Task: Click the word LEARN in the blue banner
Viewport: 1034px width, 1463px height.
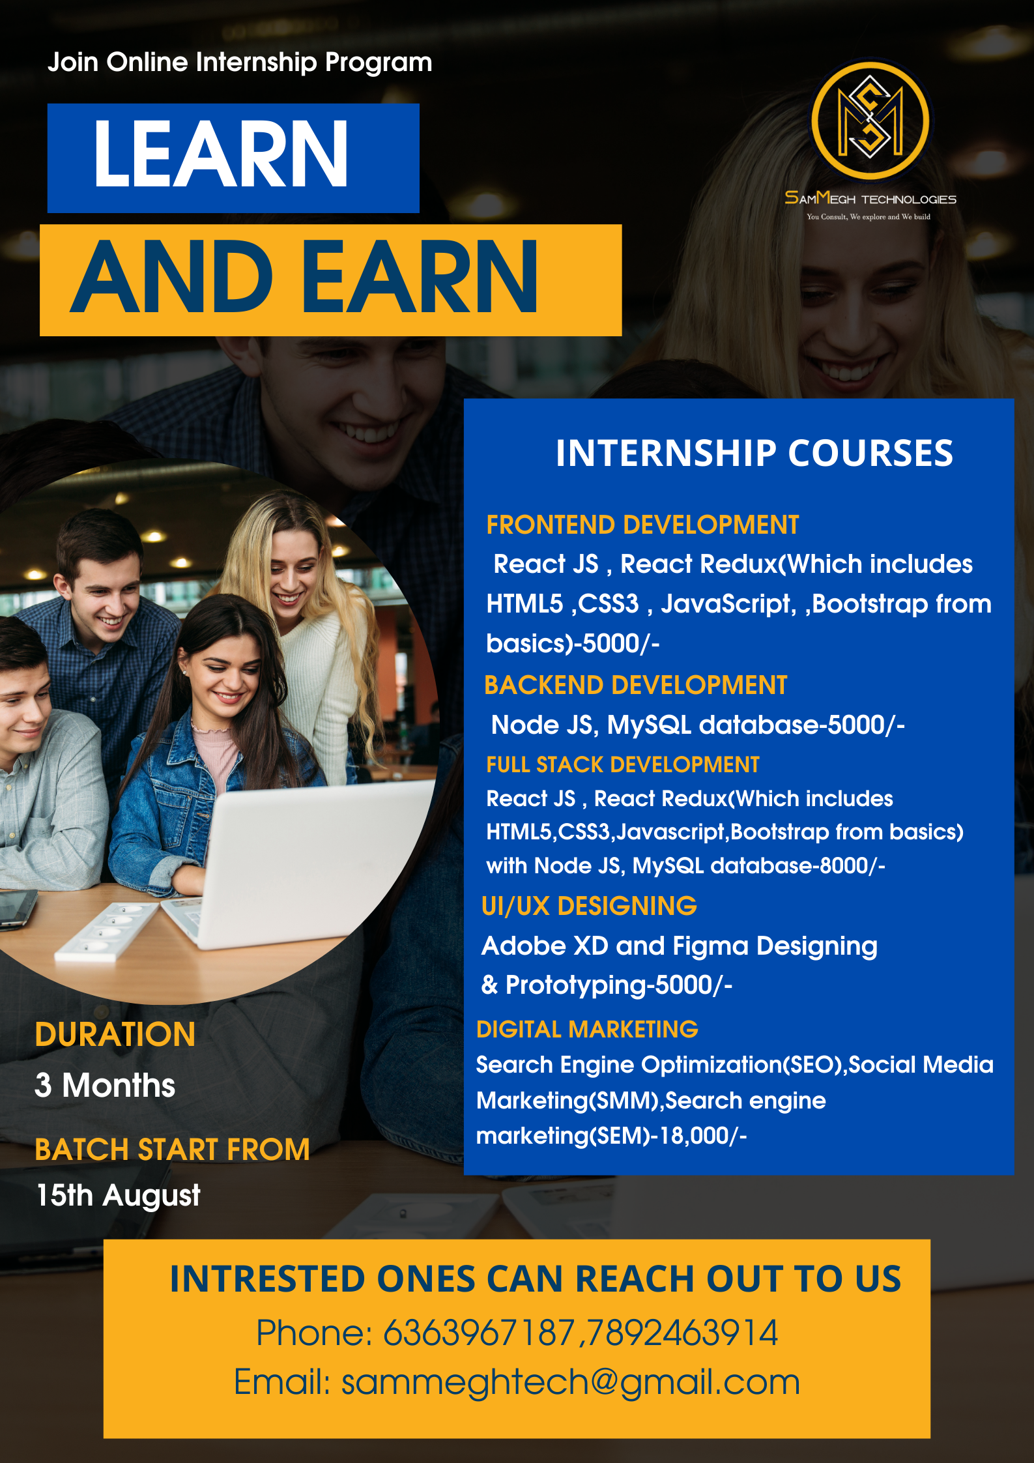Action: point(221,155)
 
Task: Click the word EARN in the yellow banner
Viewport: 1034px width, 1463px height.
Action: point(420,276)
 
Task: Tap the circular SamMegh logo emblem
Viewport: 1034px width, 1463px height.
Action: point(870,121)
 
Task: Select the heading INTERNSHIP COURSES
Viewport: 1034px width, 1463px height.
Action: point(754,453)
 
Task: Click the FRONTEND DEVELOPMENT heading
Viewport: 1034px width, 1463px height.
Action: point(642,525)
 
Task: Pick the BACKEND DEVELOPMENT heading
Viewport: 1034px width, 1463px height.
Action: point(636,686)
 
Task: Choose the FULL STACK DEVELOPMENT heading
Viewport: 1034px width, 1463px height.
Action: point(623,764)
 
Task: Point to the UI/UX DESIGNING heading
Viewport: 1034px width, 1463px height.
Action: point(589,906)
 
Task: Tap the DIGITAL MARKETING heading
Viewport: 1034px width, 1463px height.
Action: point(587,1029)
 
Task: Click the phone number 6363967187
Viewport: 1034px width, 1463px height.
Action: point(479,1333)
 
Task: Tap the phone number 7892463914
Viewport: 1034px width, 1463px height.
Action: point(682,1333)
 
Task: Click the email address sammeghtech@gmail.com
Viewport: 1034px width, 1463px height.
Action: point(571,1382)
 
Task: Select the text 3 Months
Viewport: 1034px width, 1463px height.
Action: point(105,1085)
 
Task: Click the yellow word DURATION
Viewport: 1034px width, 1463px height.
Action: point(115,1034)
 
